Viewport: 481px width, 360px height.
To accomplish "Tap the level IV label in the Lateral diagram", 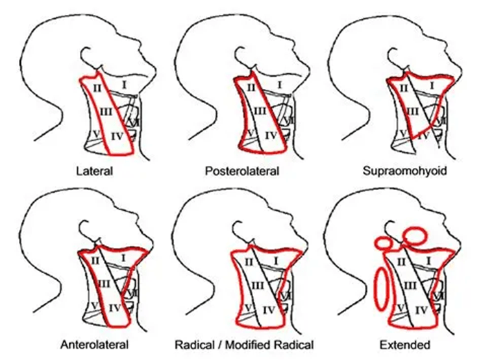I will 116,136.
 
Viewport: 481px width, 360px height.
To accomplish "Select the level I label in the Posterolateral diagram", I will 278,84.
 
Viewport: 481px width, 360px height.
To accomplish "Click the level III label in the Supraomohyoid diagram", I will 410,111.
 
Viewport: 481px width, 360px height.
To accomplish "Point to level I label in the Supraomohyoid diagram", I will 431,84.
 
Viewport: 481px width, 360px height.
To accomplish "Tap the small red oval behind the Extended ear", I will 384,244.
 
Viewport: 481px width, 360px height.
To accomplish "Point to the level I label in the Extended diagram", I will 431,259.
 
